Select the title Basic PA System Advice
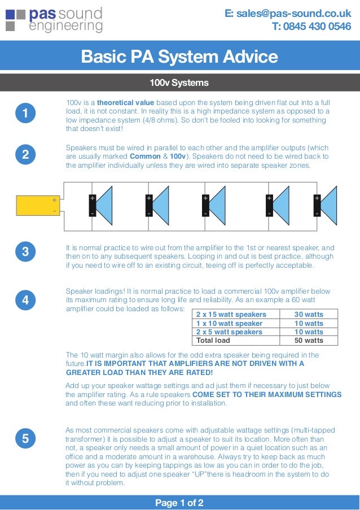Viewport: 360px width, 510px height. [x=179, y=57]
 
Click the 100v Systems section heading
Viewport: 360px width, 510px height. [x=179, y=83]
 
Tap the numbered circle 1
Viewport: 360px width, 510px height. [x=25, y=114]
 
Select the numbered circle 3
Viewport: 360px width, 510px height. [x=25, y=252]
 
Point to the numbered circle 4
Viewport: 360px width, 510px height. [x=25, y=300]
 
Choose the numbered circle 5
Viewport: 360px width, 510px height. [x=25, y=438]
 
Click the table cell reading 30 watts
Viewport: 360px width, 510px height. [x=309, y=315]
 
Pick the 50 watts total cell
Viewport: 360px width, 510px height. [x=309, y=341]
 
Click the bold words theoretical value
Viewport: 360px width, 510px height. [x=125, y=103]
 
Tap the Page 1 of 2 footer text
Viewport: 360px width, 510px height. [x=179, y=502]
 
